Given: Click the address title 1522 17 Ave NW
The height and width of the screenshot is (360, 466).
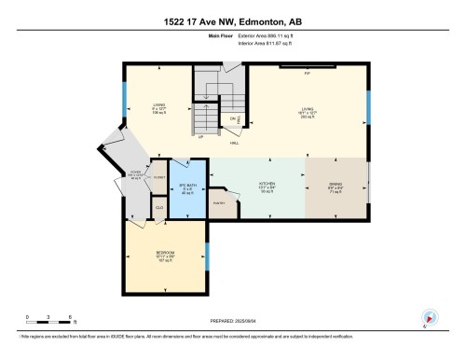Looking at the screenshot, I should (x=233, y=21).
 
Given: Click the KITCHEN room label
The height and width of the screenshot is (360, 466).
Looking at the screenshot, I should (x=268, y=185).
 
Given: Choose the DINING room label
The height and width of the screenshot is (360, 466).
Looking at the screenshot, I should (x=335, y=185).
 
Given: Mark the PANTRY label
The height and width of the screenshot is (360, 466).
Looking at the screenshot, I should (x=220, y=202).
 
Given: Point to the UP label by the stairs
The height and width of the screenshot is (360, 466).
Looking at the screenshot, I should (x=200, y=137).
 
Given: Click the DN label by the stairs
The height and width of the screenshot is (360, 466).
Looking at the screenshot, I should (x=232, y=119).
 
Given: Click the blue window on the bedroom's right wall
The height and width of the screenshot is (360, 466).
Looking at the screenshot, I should (x=207, y=253).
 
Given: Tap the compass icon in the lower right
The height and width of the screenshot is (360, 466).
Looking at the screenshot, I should (x=430, y=317).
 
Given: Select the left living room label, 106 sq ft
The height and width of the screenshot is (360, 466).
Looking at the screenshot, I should (x=158, y=108).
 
